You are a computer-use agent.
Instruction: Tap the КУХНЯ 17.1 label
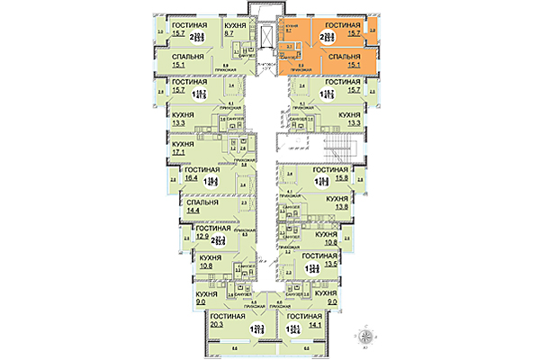[x=184, y=148]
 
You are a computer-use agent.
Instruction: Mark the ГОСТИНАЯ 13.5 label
[x=335, y=261]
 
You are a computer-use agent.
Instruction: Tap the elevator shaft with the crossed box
[x=266, y=37]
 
